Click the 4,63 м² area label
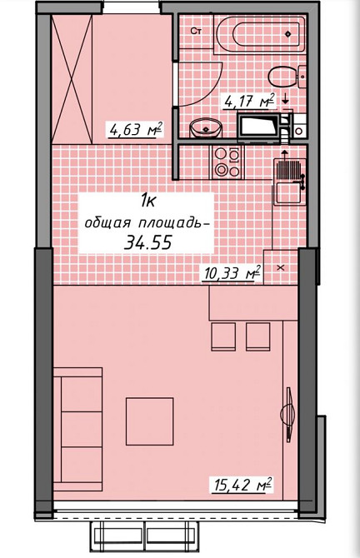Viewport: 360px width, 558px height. [133, 129]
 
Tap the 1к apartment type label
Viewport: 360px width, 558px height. [150, 200]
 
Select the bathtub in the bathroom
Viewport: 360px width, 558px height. [259, 34]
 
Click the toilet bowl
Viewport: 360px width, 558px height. [287, 76]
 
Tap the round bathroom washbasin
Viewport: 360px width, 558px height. [205, 127]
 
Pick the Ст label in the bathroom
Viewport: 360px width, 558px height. [197, 31]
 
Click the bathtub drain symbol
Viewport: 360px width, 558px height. [288, 34]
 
